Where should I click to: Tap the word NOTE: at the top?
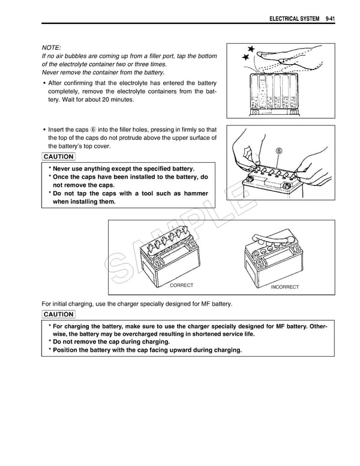pos(52,47)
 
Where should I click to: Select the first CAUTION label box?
pos(59,157)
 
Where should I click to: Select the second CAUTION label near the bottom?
pos(59,314)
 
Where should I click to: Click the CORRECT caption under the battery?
pos(182,285)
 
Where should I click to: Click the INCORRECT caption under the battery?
pos(284,287)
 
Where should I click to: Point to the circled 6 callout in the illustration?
pos(280,151)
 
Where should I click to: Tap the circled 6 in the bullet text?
pos(93,130)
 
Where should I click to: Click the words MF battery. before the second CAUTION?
pos(214,304)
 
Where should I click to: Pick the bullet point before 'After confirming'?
pos(44,83)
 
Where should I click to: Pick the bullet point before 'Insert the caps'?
pos(44,130)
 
